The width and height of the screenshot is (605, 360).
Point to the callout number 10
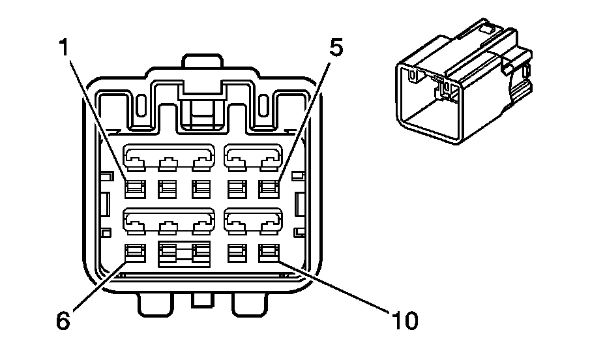click(404, 320)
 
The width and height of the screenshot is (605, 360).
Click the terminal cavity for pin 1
click(134, 188)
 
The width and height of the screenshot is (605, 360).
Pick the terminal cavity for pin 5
click(269, 188)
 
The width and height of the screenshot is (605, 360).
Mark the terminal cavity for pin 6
click(134, 252)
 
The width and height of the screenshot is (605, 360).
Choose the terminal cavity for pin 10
click(269, 252)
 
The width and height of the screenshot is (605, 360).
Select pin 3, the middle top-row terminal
click(201, 188)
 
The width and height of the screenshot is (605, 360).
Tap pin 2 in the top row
click(168, 188)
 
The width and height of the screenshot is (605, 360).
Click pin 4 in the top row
click(235, 188)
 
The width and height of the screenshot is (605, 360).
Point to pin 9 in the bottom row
click(235, 252)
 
